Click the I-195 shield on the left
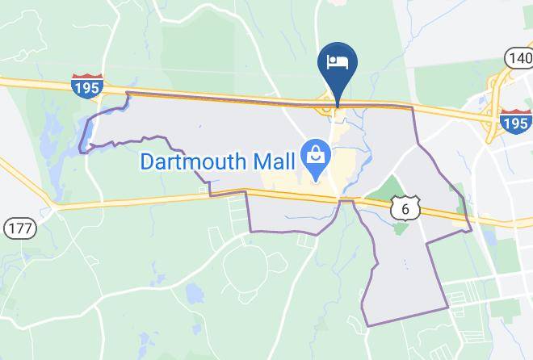point(86,86)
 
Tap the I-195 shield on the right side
point(514,123)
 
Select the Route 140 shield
point(518,57)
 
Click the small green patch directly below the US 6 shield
point(401,229)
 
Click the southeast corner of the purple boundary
point(447,308)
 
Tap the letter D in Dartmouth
point(148,161)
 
